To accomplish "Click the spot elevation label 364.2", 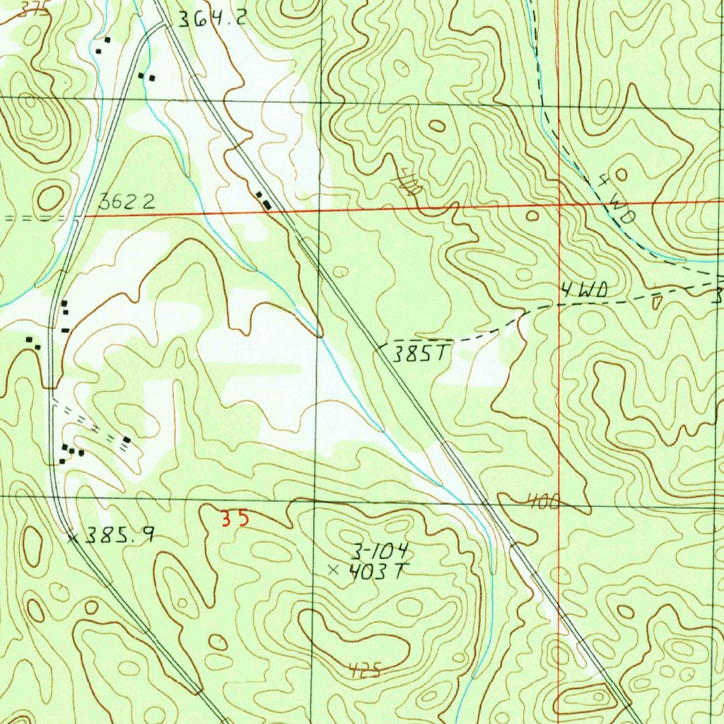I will point(211,20).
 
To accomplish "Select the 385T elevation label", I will point(421,354).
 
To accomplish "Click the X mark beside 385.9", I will point(71,538).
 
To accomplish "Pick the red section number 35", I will point(235,520).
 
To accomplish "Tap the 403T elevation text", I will point(376,571).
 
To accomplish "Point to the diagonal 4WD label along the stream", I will point(614,201).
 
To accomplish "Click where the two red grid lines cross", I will point(559,204).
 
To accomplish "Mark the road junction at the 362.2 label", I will point(83,215).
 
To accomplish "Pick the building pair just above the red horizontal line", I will point(263,200).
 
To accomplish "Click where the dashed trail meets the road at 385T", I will point(382,346).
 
